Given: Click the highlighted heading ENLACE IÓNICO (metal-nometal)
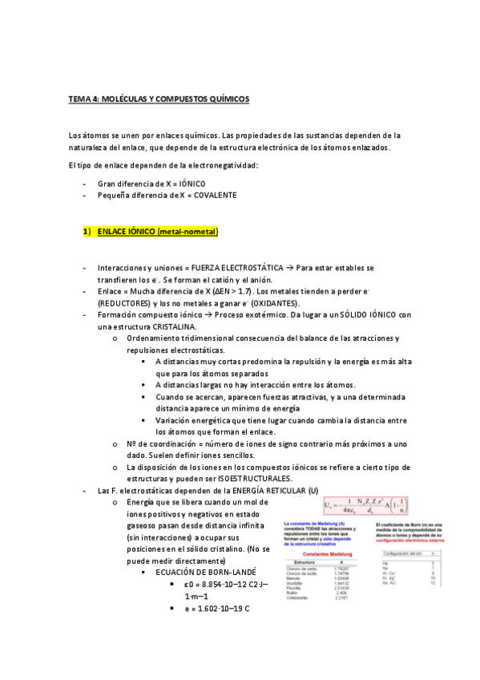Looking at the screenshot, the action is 158,232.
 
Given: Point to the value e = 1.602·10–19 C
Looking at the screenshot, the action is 216,609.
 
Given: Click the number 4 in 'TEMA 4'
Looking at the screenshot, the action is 93,99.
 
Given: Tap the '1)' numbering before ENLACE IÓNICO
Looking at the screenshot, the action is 87,232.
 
